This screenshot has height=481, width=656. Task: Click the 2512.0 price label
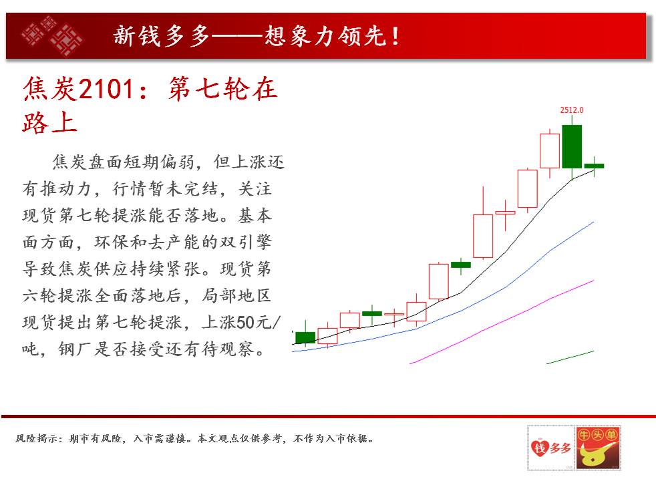tap(571, 110)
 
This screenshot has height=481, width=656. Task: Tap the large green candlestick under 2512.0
tap(572, 146)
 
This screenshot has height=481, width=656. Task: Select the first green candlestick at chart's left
tap(305, 337)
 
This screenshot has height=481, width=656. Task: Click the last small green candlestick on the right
tap(594, 166)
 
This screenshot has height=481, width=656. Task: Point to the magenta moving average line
tap(502, 321)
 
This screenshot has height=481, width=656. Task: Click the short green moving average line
tap(570, 357)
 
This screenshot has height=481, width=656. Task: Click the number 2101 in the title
tap(106, 89)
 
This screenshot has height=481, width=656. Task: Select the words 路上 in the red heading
tap(49, 122)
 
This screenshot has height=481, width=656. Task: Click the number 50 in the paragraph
tap(245, 322)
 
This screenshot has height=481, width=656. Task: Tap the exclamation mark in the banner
tap(395, 36)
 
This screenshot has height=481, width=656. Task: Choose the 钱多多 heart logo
tap(551, 448)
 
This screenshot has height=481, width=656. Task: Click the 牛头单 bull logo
tap(598, 448)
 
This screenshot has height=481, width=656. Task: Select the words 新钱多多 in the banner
tap(162, 36)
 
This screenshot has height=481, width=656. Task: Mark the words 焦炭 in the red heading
tap(49, 89)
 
